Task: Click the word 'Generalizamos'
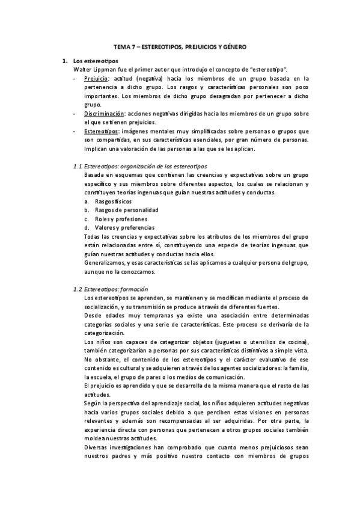[x=105, y=263]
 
